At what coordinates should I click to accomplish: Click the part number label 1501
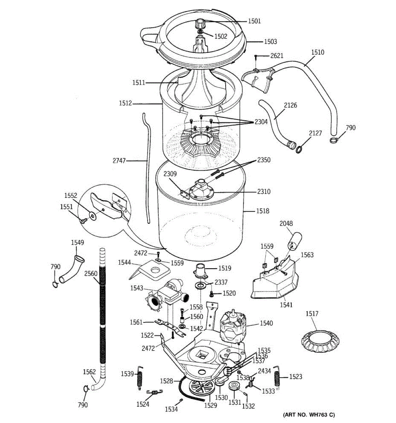click(254, 21)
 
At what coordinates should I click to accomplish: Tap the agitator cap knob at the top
click(200, 25)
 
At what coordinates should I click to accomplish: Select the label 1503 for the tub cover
click(270, 42)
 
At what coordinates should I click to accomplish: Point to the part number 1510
click(318, 53)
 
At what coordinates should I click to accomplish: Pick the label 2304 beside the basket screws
click(261, 122)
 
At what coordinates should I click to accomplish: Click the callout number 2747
click(119, 161)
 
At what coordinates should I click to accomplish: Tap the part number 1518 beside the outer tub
click(263, 211)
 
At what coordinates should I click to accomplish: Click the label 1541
click(286, 305)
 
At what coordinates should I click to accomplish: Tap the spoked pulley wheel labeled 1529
click(201, 388)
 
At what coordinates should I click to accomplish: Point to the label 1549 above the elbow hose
click(77, 243)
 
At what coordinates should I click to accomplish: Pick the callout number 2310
click(264, 192)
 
